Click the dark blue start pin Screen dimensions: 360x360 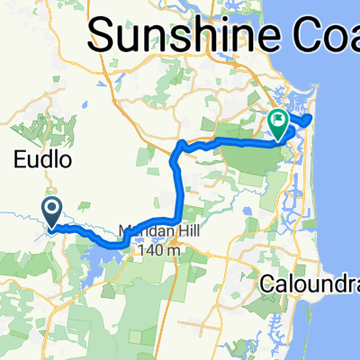[52, 211]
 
